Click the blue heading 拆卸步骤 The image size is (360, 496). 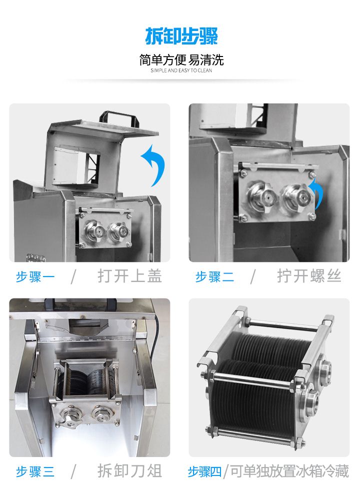[x=181, y=36]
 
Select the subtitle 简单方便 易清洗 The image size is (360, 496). [x=181, y=60]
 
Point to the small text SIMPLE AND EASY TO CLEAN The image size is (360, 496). [x=181, y=71]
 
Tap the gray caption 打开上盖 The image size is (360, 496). [x=129, y=276]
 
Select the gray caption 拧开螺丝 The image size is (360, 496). [x=309, y=276]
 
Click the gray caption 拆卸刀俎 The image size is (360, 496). [x=129, y=471]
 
